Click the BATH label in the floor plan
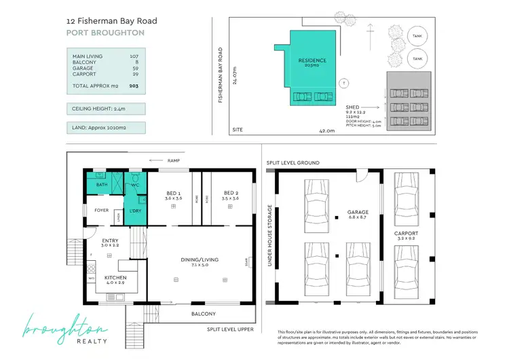102,185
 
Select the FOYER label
102,211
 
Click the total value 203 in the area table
134,87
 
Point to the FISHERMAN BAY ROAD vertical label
221,75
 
